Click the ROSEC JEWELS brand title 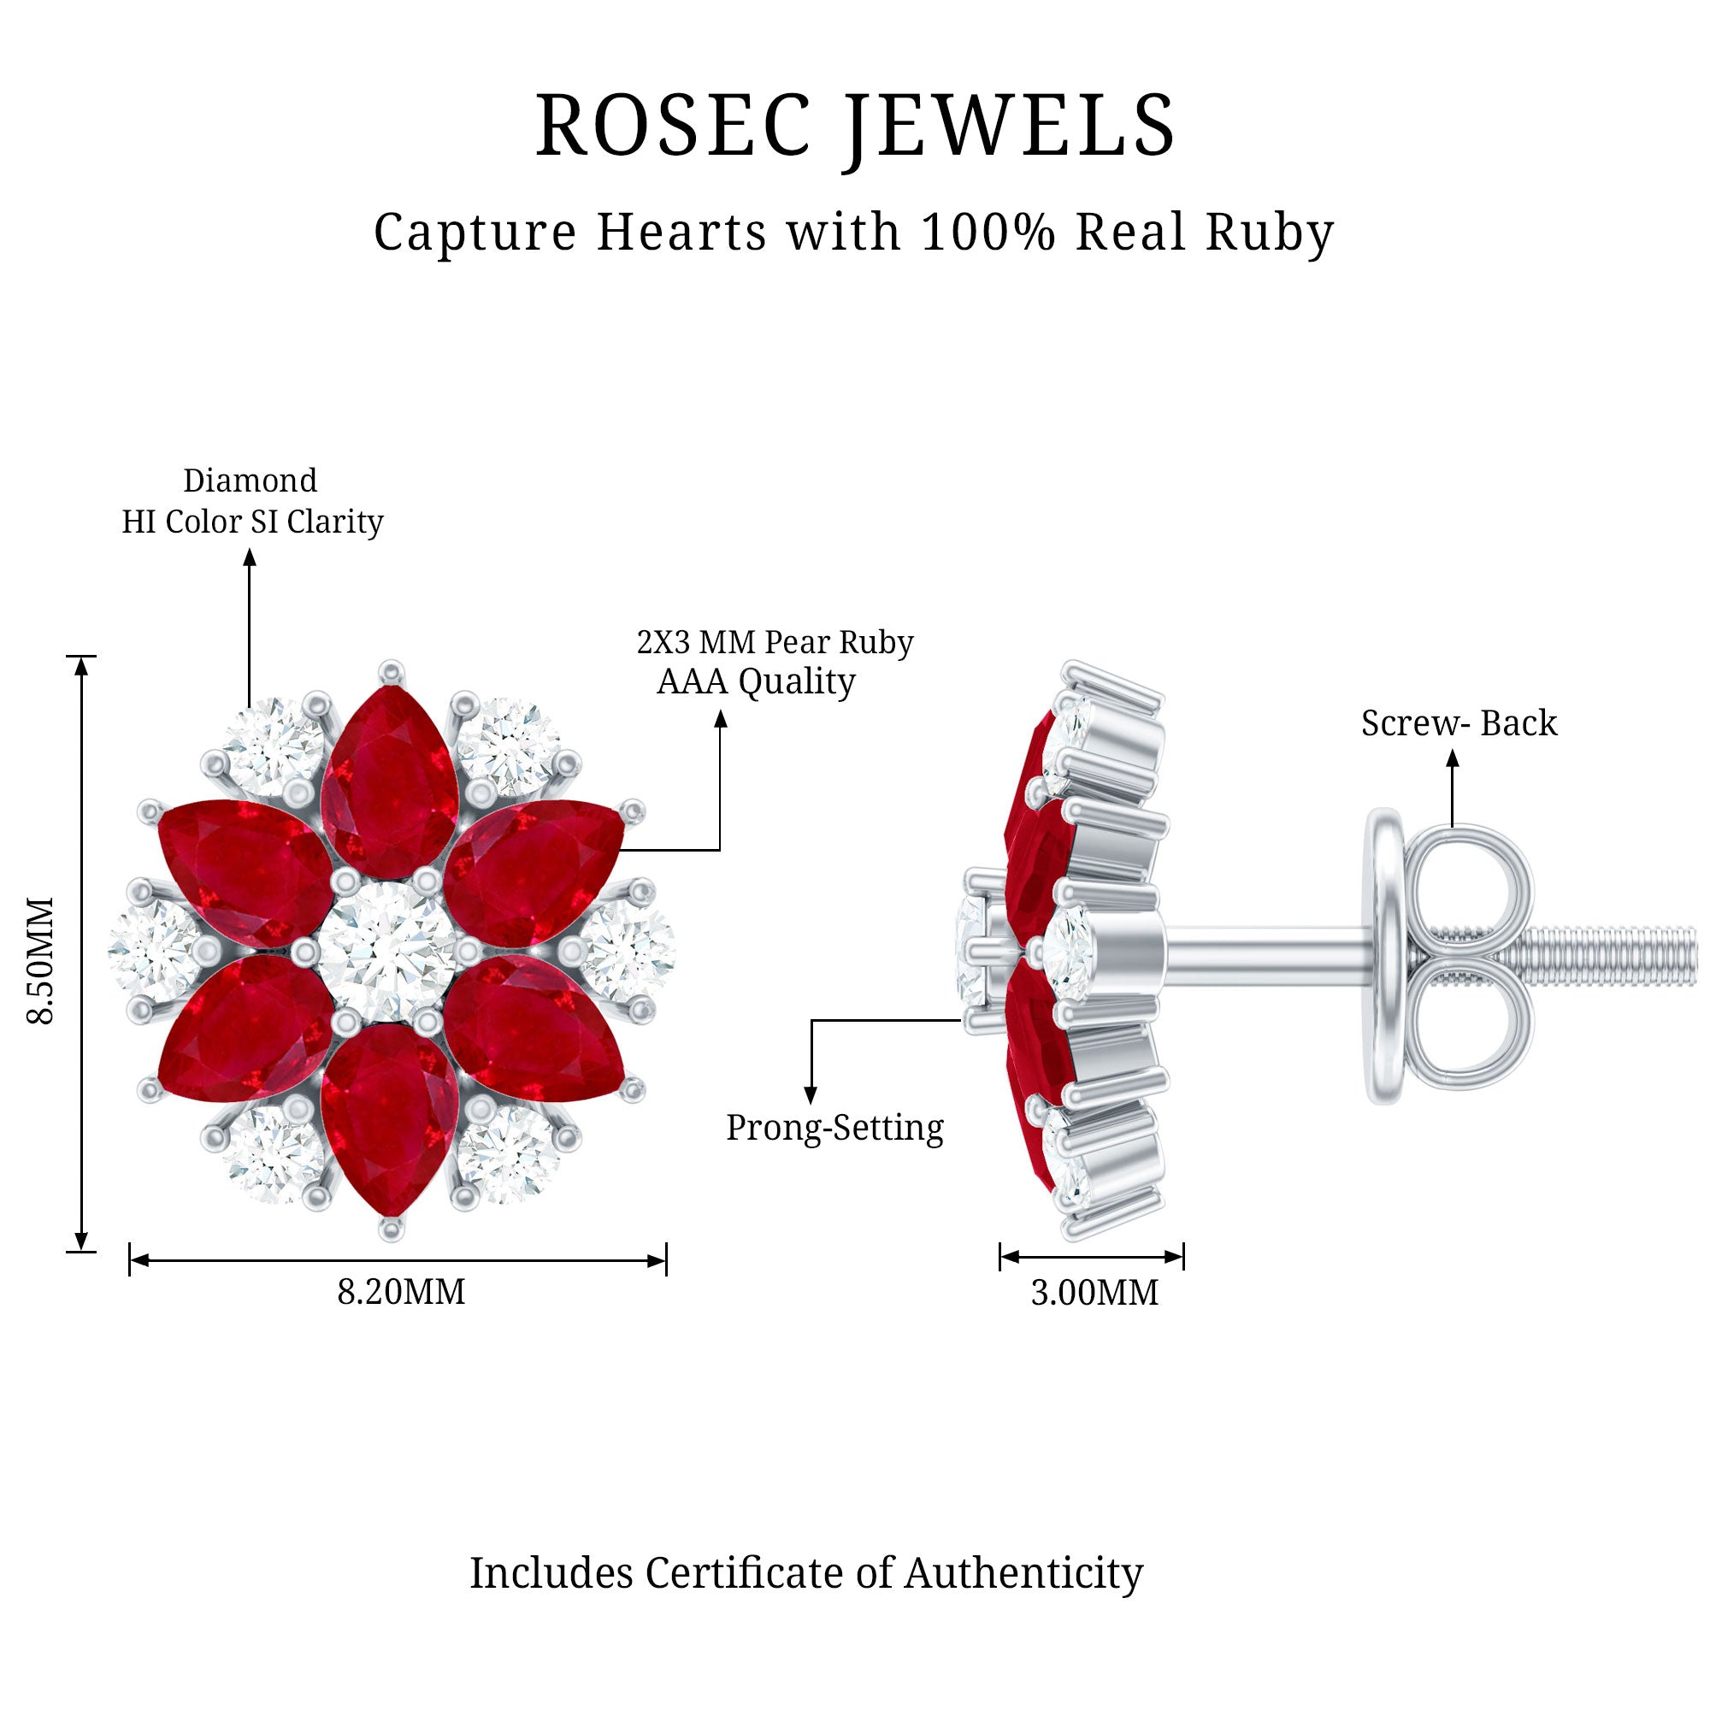(855, 127)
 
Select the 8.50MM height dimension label (41, 960)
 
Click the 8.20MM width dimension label (401, 1292)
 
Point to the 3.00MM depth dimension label (1094, 1293)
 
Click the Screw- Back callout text (1459, 723)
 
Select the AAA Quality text (756, 681)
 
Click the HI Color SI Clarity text (252, 522)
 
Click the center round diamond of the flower (386, 949)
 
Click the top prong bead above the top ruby (391, 670)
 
